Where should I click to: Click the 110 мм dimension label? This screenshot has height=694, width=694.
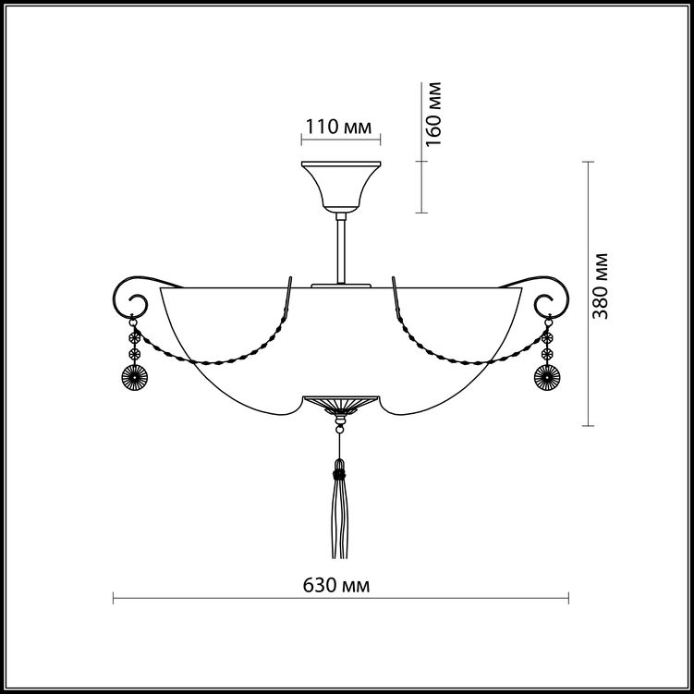coord(338,127)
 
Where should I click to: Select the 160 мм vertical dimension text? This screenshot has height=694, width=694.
coord(433,114)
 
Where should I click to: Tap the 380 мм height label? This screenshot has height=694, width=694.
coord(600,286)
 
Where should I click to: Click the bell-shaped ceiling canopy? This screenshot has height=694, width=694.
coord(341,187)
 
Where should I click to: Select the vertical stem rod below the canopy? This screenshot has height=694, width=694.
coord(341,249)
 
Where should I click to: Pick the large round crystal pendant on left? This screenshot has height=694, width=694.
coord(134,378)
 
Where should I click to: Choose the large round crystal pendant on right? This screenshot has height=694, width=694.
coord(547,378)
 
